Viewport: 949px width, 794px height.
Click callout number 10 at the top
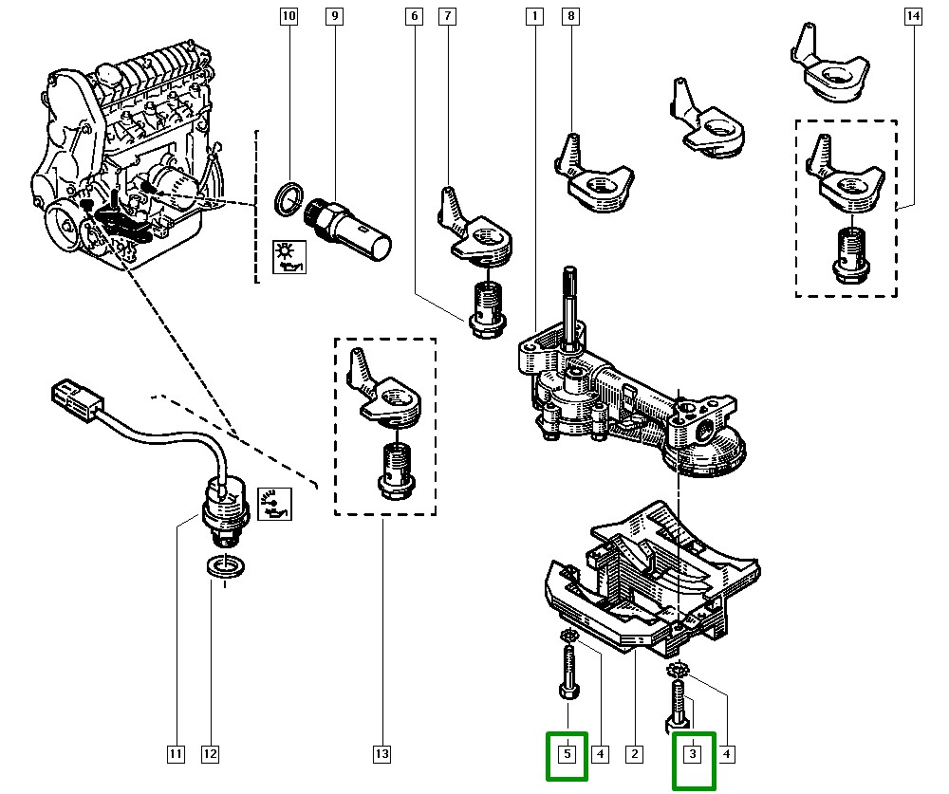[x=288, y=16]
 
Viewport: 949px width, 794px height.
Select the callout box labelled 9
[x=333, y=16]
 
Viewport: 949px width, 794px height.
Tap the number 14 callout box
[x=913, y=16]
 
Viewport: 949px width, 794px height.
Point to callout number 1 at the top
[x=535, y=16]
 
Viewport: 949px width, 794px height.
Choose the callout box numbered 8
[x=569, y=16]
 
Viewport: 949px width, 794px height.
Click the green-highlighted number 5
[x=567, y=755]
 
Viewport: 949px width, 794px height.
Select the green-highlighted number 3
[x=693, y=755]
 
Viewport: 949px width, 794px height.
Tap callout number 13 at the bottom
[x=381, y=755]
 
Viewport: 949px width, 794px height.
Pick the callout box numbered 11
[x=176, y=755]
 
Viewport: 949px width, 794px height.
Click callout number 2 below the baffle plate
[x=633, y=755]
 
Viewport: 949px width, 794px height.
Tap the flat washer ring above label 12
[x=223, y=567]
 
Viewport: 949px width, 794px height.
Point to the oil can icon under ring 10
[x=287, y=256]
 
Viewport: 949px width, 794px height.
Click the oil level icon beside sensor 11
[x=276, y=507]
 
